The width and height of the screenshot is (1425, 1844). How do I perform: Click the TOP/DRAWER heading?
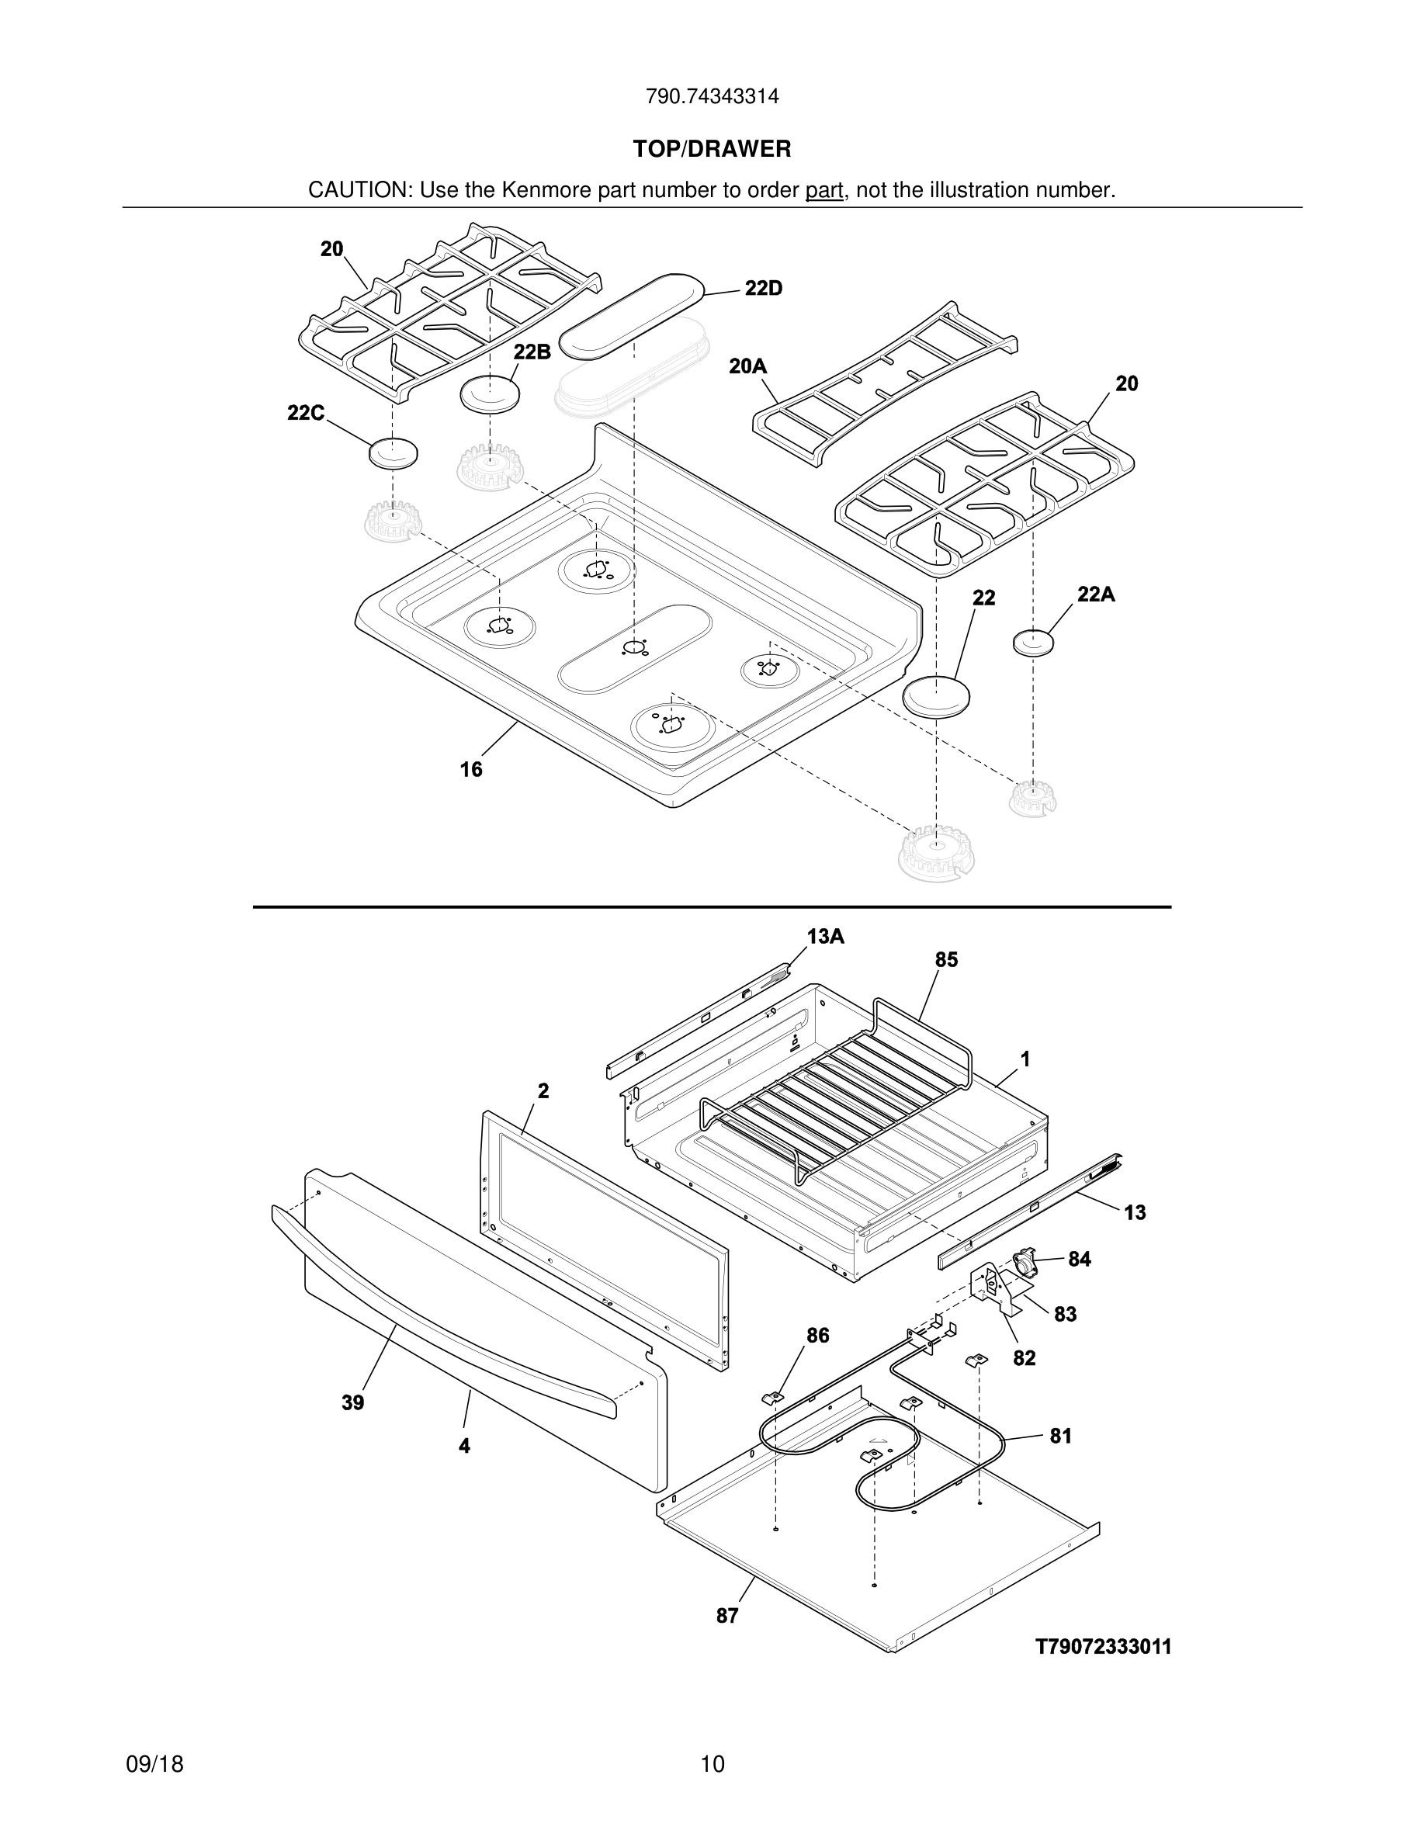click(712, 150)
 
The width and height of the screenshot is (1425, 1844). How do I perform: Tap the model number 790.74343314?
click(712, 97)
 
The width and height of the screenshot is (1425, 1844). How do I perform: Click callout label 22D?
click(763, 289)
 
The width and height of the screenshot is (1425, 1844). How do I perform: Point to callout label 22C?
click(306, 413)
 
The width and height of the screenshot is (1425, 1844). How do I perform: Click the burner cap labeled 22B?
click(490, 394)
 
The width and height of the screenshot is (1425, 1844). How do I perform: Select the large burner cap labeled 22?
click(936, 698)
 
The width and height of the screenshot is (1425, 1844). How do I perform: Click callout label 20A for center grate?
click(747, 366)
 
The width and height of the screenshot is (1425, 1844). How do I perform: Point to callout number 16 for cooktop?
click(471, 769)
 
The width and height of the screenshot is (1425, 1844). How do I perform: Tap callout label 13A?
click(825, 936)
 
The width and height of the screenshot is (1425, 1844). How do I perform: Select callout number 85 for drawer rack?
click(946, 960)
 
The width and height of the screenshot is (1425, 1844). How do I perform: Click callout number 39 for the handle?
click(353, 1402)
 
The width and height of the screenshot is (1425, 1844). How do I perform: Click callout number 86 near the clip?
click(817, 1335)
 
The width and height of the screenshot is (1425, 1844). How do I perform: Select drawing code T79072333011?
click(1104, 1646)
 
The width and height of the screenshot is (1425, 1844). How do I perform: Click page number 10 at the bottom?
click(712, 1764)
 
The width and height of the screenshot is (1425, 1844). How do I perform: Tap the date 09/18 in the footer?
click(154, 1764)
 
